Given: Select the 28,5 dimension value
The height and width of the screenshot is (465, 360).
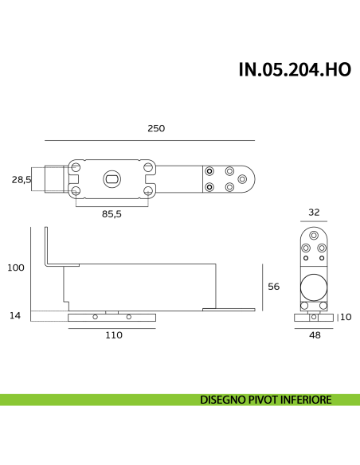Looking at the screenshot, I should [22, 180].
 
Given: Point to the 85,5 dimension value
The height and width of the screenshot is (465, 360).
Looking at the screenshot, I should [112, 213].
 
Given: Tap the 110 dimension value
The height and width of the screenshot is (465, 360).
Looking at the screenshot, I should [113, 335].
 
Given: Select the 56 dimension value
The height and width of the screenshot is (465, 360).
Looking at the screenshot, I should [272, 287].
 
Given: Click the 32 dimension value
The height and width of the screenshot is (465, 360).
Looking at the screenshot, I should [314, 213].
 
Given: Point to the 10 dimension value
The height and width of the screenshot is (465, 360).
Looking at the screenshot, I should [346, 317].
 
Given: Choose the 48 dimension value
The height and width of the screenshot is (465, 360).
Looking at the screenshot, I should [314, 335].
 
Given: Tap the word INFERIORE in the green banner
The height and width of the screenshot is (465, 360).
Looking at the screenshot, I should [303, 400].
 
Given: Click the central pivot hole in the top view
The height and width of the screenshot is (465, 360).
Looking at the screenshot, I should [112, 179].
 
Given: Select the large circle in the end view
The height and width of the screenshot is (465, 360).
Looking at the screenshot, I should [313, 288].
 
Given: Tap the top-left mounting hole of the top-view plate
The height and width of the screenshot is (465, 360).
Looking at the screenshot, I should [76, 168].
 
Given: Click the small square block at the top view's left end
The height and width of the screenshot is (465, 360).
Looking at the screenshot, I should [54, 179].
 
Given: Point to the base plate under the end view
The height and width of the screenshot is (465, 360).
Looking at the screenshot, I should [314, 317].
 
